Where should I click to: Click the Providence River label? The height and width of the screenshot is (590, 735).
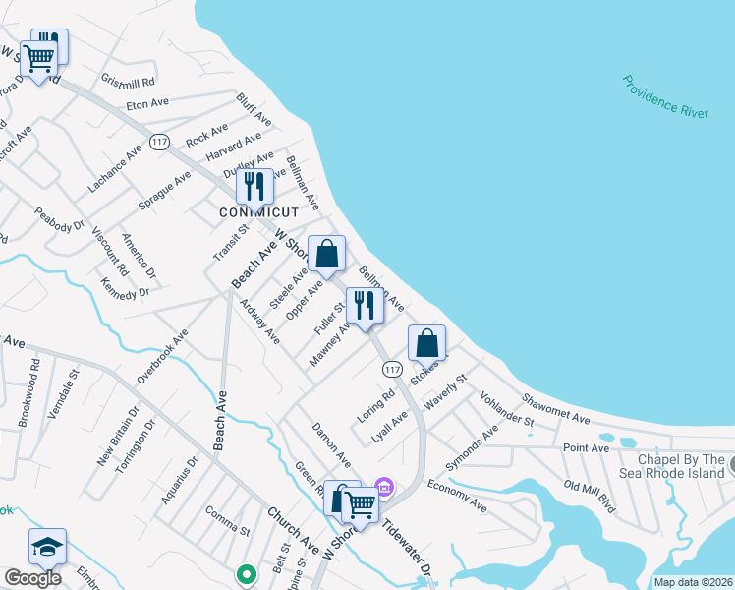coord(665,96)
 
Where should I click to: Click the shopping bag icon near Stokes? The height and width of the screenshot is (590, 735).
coord(426,343)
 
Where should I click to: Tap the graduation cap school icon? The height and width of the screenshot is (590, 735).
coord(47,547)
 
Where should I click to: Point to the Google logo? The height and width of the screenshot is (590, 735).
coord(32,578)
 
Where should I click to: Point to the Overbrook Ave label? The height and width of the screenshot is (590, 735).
coord(162,357)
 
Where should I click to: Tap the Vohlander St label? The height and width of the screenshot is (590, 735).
coord(506,409)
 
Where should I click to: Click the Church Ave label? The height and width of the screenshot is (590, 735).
coord(293,529)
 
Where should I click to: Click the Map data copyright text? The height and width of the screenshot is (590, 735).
coord(692,582)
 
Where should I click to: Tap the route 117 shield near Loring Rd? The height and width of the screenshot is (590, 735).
coord(392,368)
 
